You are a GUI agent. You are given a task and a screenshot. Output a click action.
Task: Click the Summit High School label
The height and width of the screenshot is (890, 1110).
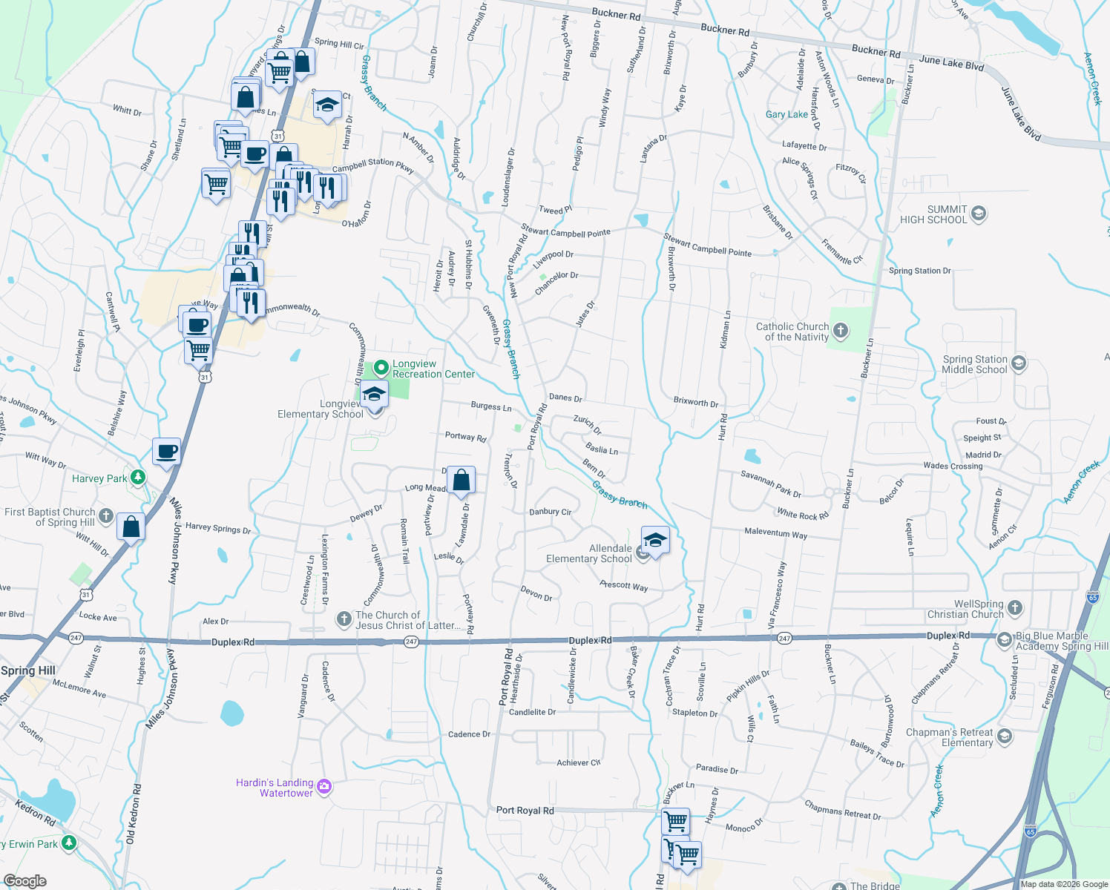click(x=933, y=214)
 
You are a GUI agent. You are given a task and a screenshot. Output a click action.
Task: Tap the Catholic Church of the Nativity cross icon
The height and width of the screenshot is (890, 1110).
click(x=841, y=330)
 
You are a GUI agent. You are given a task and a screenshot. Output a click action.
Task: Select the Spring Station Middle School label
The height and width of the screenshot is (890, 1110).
click(x=974, y=364)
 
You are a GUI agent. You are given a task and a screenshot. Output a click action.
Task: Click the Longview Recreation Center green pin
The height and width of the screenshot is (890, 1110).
click(x=381, y=367)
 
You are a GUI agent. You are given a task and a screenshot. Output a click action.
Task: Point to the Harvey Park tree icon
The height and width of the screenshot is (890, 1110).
click(x=138, y=478)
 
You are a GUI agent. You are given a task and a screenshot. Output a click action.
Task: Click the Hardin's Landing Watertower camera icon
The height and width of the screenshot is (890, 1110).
click(x=324, y=786)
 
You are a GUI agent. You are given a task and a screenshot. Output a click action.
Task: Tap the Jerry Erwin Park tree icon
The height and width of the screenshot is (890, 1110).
click(x=69, y=843)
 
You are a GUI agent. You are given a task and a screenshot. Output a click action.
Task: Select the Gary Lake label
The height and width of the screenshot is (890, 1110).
click(x=786, y=114)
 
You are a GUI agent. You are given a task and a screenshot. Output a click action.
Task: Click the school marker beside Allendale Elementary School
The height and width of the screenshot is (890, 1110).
click(x=655, y=541)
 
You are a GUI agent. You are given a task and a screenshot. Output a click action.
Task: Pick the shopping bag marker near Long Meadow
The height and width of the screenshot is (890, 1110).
click(x=461, y=481)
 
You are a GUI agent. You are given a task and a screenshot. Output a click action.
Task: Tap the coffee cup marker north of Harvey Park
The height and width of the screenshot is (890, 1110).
click(x=167, y=451)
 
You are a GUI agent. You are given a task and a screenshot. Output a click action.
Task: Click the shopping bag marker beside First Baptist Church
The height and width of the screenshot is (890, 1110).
click(x=131, y=527)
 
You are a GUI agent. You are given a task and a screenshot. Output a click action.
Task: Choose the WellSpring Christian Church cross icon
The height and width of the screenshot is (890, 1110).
click(x=1015, y=609)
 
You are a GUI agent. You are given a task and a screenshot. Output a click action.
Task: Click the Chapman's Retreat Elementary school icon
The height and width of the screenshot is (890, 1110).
click(x=1005, y=736)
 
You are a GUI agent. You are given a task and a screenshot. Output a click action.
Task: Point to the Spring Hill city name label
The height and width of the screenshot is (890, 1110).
click(x=28, y=670)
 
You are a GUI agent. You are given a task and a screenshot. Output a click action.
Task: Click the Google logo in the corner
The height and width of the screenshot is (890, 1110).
click(x=24, y=880)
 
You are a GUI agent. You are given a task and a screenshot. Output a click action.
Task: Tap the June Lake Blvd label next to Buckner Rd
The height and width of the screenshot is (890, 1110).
click(x=951, y=62)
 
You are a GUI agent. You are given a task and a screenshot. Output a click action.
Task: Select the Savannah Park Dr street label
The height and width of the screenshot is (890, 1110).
click(x=771, y=484)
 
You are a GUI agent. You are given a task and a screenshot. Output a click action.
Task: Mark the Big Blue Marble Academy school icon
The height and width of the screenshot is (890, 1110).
click(x=1004, y=639)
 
